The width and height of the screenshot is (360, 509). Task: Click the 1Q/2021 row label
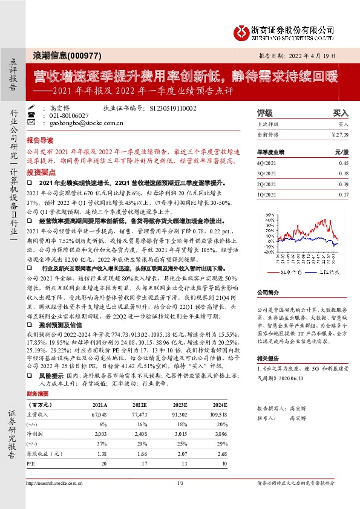coord(266,194)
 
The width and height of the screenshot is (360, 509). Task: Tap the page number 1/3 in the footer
coord(180,483)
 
